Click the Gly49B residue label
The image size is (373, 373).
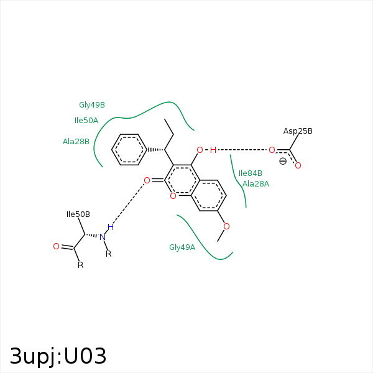[91, 105]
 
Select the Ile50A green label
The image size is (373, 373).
[86, 121]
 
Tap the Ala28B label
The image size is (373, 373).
[76, 142]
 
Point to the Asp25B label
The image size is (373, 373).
[298, 131]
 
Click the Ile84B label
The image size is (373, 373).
[250, 173]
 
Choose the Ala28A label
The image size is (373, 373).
[256, 183]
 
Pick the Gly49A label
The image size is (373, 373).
[182, 247]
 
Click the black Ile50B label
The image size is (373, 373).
[78, 214]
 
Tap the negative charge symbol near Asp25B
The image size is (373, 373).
[283, 161]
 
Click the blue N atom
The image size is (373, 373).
[103, 237]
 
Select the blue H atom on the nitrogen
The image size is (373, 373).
[110, 227]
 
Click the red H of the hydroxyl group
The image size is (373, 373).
[213, 150]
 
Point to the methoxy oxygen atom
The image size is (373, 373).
[226, 226]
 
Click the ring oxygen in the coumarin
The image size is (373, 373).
[173, 196]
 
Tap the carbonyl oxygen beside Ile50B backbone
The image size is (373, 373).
[56, 247]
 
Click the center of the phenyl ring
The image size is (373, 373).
[129, 150]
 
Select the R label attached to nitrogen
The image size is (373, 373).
[108, 254]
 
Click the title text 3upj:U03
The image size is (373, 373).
[58, 356]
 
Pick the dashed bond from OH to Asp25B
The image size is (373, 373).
[242, 150]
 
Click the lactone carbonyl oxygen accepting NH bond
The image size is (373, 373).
[147, 180]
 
